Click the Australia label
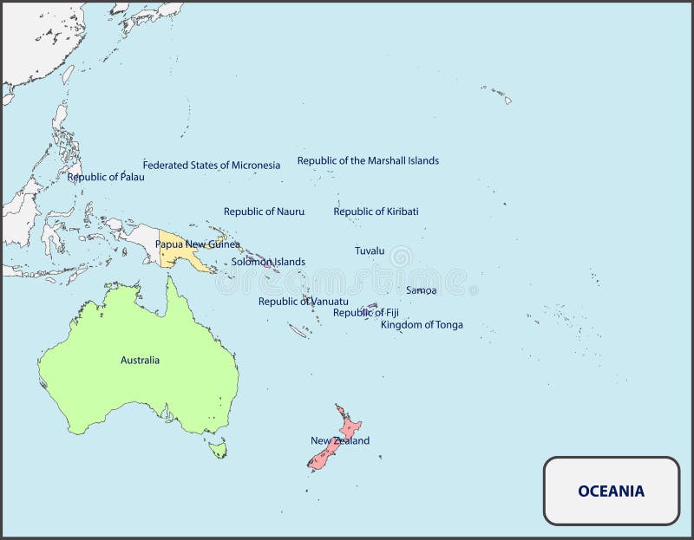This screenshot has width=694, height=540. coord(140,360)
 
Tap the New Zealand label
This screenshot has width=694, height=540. coord(340,440)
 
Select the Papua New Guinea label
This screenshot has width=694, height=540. coord(198,244)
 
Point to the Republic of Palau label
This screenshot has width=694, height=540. coord(106,177)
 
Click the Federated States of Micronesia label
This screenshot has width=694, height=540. coord(212,165)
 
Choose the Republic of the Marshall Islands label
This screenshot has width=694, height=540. coord(368,160)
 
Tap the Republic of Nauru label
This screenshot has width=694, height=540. coord(264,211)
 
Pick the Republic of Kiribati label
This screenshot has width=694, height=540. coord(376,211)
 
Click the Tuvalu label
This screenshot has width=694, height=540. coord(370,250)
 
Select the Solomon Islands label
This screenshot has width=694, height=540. coord(268,262)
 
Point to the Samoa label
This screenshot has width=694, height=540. coord(422,290)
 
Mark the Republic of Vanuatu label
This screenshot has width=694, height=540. coord(304,302)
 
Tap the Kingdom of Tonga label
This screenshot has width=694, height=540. coord(422,325)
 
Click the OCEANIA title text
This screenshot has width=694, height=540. coord(612,491)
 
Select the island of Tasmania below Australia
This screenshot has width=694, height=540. coord(218,448)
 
